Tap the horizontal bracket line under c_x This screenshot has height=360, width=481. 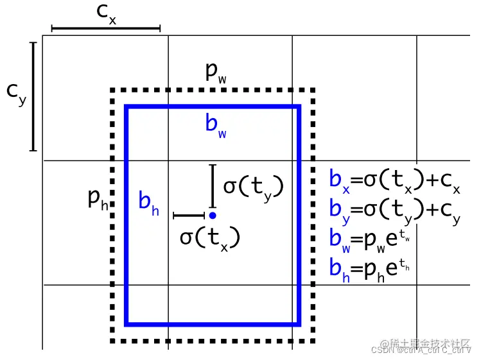106,28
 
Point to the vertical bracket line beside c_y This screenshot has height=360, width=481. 33,96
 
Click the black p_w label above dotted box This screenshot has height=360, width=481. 216,73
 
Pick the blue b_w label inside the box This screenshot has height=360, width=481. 216,123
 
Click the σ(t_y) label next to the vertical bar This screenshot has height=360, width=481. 253,186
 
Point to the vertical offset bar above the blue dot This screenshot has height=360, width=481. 212,185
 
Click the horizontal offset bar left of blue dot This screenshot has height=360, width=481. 188,216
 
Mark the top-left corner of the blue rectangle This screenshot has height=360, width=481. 127,107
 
